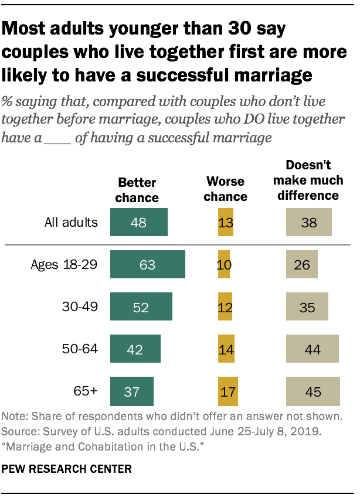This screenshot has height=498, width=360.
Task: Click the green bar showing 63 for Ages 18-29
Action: pos(148,265)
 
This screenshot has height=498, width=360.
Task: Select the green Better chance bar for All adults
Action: pos(139,223)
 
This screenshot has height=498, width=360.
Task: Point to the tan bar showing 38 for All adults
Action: pos(309,223)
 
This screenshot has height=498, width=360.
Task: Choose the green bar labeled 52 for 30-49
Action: pos(141,307)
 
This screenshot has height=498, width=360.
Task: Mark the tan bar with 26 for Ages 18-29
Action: pos(301,265)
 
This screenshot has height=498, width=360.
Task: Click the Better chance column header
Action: pos(137,189)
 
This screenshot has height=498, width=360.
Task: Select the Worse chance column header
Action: pos(226,189)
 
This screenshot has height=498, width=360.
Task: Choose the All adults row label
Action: pos(71,223)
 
